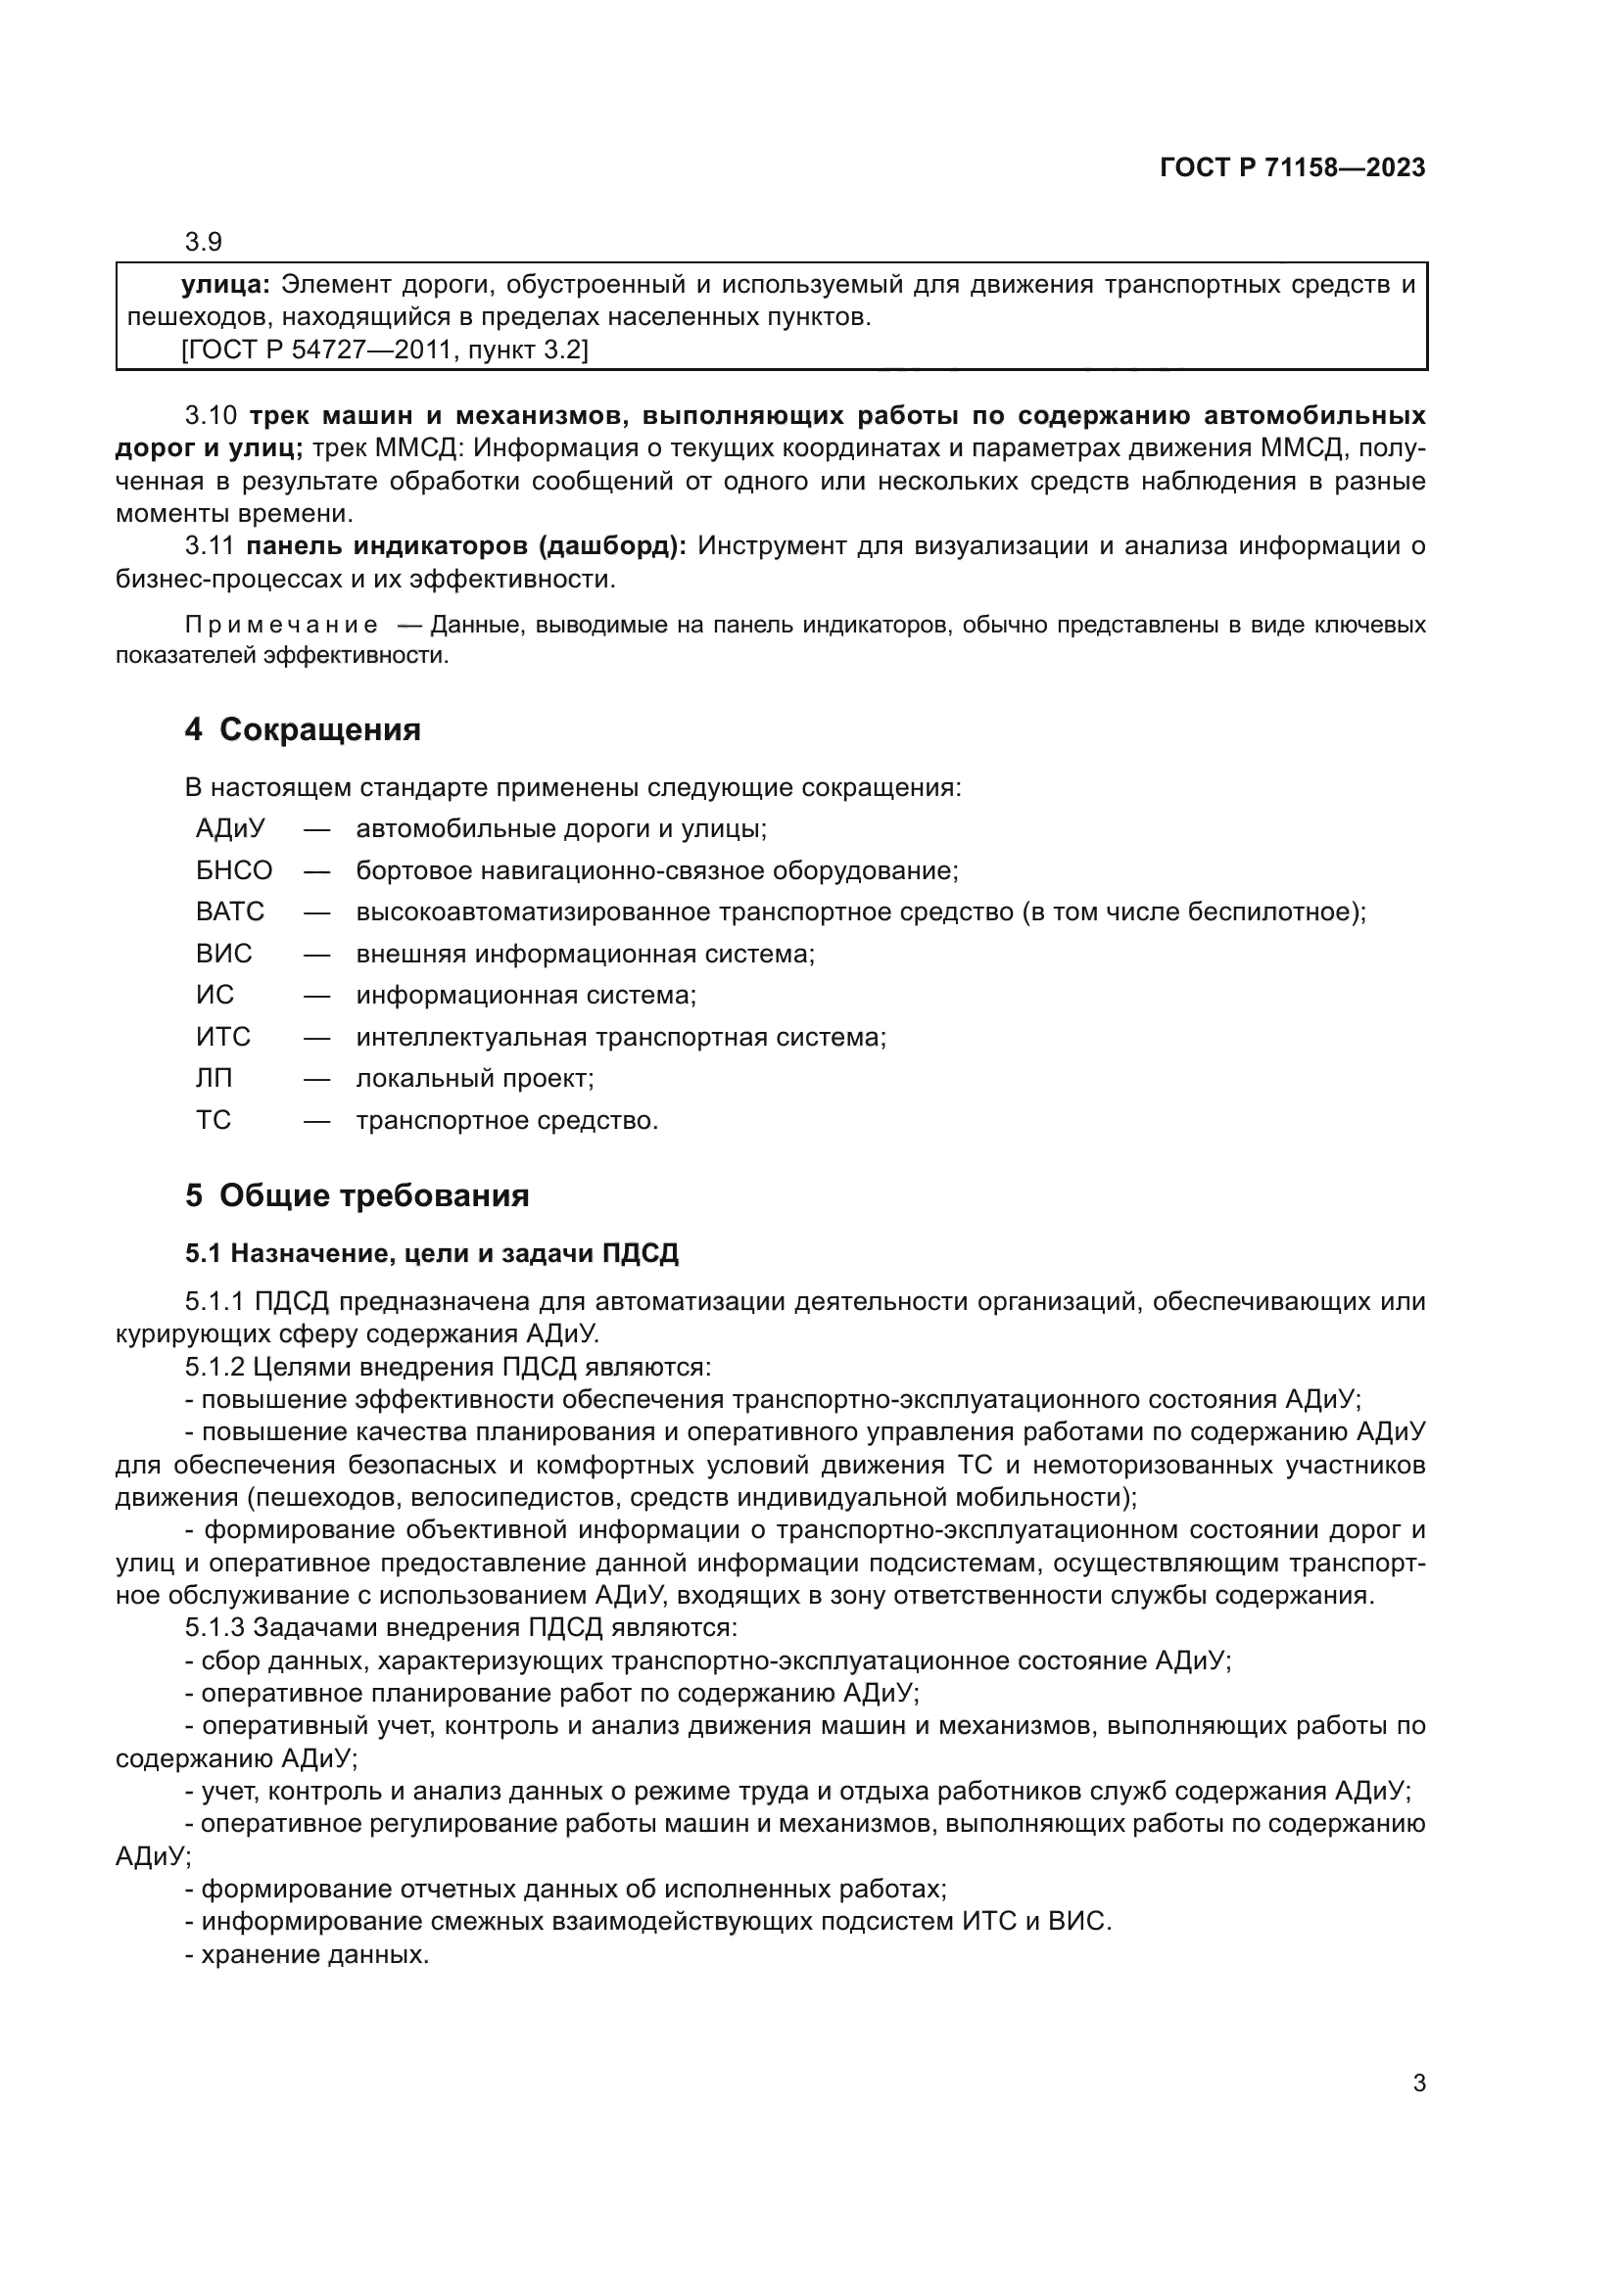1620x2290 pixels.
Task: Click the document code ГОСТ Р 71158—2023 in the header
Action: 1292,167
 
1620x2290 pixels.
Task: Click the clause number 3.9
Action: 203,242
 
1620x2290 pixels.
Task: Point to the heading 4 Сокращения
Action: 303,729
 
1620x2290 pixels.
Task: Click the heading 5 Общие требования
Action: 357,1194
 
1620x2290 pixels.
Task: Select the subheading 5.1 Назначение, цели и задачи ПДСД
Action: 431,1253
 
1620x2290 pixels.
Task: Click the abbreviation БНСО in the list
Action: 233,870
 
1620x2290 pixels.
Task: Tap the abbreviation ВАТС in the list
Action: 229,911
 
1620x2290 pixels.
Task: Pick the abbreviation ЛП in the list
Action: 214,1078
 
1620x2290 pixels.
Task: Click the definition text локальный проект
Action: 475,1078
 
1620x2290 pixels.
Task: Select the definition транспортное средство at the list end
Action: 506,1120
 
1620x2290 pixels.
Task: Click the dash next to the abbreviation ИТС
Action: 317,1037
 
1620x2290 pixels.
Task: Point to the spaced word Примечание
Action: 281,626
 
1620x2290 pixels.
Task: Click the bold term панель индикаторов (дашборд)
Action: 466,545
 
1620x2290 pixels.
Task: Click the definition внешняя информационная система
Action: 585,954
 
